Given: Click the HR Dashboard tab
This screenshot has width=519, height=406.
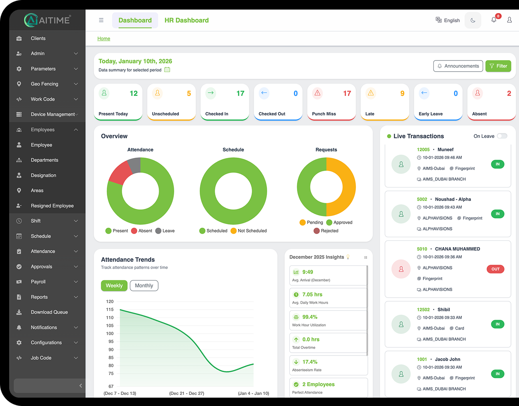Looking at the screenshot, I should click(187, 20).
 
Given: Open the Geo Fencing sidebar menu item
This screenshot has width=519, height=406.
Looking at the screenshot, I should click(44, 84).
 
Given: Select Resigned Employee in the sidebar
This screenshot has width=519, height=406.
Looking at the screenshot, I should click(52, 206).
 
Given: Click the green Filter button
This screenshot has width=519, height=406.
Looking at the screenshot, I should click(498, 66).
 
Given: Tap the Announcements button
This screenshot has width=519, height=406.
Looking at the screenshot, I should click(458, 66).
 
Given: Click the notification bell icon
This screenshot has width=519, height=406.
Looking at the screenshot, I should click(494, 20).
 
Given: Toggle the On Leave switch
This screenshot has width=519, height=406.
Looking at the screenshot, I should click(502, 136).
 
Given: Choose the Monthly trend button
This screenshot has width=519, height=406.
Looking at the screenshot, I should click(144, 286).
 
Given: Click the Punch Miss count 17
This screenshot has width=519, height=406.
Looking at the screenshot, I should click(347, 94).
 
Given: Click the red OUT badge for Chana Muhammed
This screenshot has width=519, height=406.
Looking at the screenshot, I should click(495, 269).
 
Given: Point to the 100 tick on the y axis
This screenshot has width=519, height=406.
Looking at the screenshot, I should click(110, 334).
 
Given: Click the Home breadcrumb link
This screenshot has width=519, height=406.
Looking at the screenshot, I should click(104, 39).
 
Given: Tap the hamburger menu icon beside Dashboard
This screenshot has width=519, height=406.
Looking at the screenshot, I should click(101, 20).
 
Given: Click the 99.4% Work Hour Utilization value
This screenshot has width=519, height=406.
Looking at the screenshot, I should click(310, 317).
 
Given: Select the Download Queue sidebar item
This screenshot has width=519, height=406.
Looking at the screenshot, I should click(49, 312).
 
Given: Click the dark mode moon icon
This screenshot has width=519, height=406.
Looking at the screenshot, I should click(473, 20).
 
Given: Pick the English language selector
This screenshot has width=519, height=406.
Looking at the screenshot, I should click(448, 20).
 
